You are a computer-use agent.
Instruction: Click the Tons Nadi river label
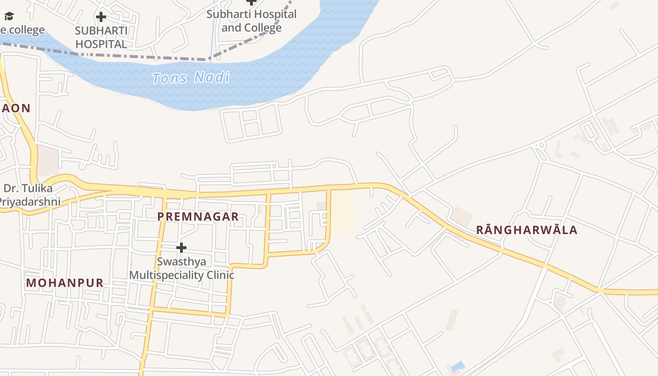pyautogui.click(x=191, y=78)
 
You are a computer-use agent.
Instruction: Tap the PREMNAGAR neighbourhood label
pyautogui.click(x=198, y=217)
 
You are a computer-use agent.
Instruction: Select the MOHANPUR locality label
pyautogui.click(x=64, y=283)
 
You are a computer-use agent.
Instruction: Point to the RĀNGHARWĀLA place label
pyautogui.click(x=526, y=230)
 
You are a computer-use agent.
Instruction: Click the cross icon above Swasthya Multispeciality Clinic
pyautogui.click(x=181, y=248)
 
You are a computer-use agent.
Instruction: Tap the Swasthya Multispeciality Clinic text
pyautogui.click(x=181, y=268)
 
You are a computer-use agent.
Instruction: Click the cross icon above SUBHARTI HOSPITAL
pyautogui.click(x=101, y=17)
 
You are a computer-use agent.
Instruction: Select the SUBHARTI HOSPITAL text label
pyautogui.click(x=101, y=38)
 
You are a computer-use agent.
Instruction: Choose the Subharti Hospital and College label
pyautogui.click(x=251, y=21)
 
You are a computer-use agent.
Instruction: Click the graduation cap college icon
pyautogui.click(x=9, y=16)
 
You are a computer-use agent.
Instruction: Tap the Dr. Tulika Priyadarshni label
pyautogui.click(x=28, y=195)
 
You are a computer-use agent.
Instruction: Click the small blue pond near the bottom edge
pyautogui.click(x=457, y=366)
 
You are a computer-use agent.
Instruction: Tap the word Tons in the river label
pyautogui.click(x=170, y=78)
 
